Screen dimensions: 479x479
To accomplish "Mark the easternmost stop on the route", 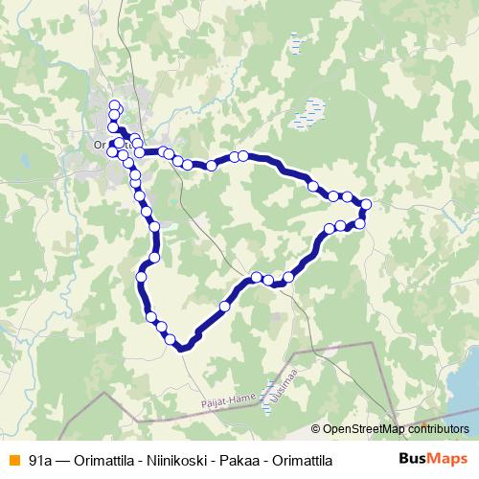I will [366, 203].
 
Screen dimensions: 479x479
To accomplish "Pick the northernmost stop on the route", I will [116, 106].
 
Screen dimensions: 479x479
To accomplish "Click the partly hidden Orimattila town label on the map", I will [103, 146].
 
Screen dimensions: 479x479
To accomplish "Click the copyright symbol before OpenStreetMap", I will [316, 429].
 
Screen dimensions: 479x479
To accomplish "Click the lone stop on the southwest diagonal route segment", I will [224, 307].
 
